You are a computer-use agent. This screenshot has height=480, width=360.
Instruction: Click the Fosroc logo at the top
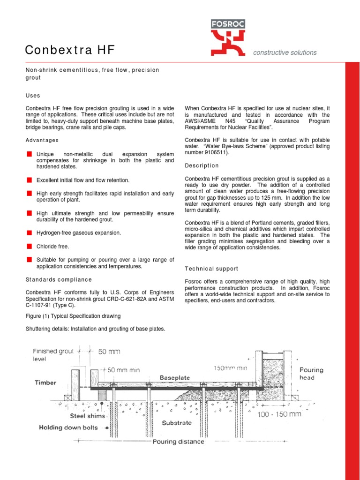(228, 37)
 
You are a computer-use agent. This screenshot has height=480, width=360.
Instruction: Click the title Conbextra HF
(70, 50)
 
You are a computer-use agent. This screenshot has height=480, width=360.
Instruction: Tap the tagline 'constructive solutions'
(285, 52)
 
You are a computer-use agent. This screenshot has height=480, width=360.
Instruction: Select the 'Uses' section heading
(33, 95)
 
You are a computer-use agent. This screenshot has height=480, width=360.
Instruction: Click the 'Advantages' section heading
(42, 140)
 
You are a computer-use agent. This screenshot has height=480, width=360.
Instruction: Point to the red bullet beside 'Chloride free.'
(29, 246)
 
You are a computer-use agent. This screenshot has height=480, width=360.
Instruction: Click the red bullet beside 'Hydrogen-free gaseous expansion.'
(29, 232)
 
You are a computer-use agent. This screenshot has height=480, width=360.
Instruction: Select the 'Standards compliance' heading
(59, 279)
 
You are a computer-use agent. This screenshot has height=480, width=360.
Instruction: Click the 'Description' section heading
(202, 165)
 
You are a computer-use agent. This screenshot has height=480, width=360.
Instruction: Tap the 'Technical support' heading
(211, 269)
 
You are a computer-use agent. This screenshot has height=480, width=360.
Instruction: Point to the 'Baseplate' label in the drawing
(175, 377)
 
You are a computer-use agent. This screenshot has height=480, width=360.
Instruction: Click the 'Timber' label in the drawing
(45, 382)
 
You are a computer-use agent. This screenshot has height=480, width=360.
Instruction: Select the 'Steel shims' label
(88, 415)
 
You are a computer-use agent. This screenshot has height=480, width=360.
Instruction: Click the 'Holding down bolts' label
(68, 427)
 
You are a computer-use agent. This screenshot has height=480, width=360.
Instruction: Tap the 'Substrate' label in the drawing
(176, 422)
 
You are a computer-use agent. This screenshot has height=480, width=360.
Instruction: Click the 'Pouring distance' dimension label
(178, 441)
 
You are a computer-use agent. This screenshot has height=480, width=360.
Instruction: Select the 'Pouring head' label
(311, 374)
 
